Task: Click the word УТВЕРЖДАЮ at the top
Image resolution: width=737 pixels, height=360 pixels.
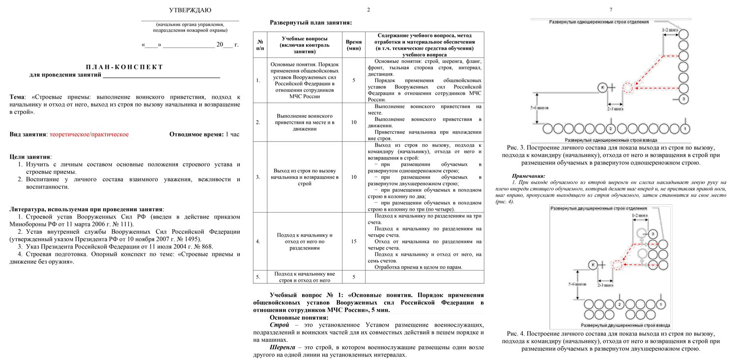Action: [x=190, y=10]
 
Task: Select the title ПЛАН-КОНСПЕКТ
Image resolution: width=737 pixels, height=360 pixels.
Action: [x=124, y=67]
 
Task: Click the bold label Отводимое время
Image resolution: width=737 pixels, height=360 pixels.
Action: [x=196, y=134]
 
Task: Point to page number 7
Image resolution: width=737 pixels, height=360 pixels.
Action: [x=611, y=10]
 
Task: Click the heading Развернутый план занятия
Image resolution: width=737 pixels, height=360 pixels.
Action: [x=311, y=23]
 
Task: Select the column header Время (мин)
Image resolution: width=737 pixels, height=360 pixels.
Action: [x=354, y=45]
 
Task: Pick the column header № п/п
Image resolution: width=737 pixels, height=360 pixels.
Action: [x=260, y=45]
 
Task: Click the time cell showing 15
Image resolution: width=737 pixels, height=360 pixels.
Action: [x=354, y=241]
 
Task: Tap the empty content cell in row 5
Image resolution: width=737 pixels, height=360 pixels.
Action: [x=425, y=277]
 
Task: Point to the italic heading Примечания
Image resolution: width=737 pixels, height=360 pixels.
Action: [x=528, y=176]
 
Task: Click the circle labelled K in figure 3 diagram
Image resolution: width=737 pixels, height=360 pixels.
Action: [x=602, y=87]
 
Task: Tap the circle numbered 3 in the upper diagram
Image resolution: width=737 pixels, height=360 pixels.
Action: [x=684, y=100]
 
